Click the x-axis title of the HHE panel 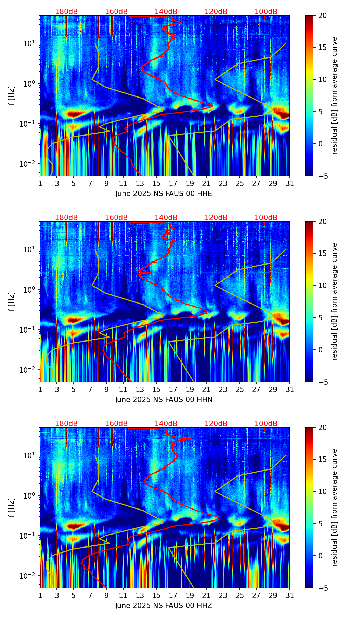pos(164,194)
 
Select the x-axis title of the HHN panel pos(164,400)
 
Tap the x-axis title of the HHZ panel pos(164,606)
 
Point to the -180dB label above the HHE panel pos(65,12)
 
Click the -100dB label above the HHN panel pos(265,218)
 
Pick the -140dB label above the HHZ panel pos(165,424)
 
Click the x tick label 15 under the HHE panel pos(156,184)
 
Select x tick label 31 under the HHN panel pos(290,390)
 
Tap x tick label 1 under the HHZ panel pos(40,596)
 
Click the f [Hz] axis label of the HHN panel pos(12,301)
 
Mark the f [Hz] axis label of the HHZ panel pos(12,507)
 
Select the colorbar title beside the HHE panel pos(334,95)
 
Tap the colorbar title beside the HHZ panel pos(334,507)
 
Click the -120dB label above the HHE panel pos(215,12)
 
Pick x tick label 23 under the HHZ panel pos(223,596)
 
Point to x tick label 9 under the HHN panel pos(106,390)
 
